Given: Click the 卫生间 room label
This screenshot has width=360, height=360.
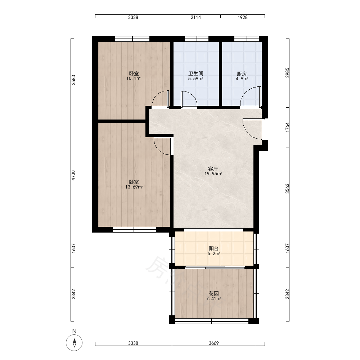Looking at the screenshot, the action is click(x=195, y=74).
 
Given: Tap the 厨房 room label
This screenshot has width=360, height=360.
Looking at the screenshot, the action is click(x=242, y=74).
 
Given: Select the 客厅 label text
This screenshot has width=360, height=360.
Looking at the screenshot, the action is click(x=213, y=169).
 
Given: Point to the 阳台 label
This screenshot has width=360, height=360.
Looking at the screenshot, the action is click(x=214, y=248).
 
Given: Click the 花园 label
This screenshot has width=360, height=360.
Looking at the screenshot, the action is click(x=214, y=293).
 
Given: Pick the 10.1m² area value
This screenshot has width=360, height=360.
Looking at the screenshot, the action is click(x=134, y=78).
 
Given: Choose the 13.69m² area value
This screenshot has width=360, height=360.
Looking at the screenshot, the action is click(x=134, y=187).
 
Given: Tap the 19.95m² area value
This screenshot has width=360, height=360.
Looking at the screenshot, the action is click(x=213, y=174).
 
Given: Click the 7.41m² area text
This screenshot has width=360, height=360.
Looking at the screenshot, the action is click(x=213, y=299).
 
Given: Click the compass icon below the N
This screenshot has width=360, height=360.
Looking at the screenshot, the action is click(x=74, y=343).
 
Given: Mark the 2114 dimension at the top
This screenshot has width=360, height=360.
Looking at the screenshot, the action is click(x=196, y=17).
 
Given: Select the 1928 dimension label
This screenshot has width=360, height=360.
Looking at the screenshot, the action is click(x=242, y=17).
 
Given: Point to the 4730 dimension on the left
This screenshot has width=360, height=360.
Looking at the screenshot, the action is click(x=73, y=175).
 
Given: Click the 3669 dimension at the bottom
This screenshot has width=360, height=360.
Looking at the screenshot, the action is click(x=214, y=343).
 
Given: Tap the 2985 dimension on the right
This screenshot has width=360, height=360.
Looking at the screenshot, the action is click(x=287, y=73).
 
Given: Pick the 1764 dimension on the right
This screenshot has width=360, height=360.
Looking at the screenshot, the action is click(x=287, y=127).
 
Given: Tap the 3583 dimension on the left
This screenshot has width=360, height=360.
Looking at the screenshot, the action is click(x=73, y=80).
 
